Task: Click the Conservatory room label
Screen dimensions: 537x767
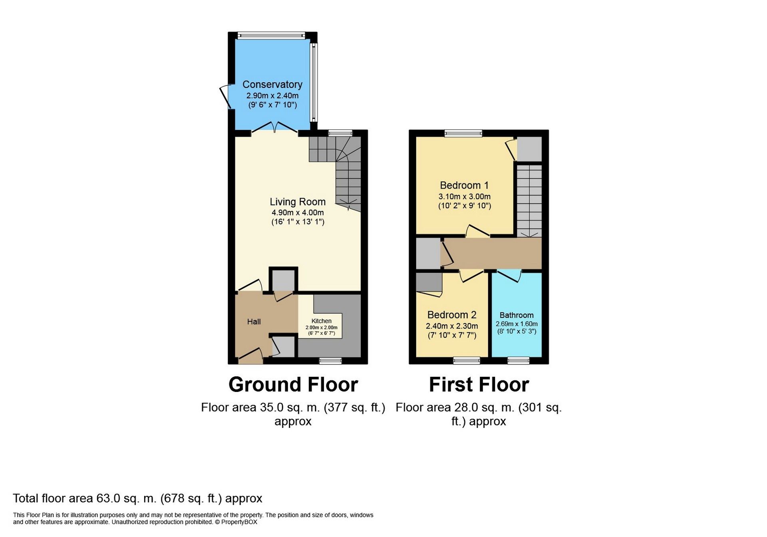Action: (x=272, y=84)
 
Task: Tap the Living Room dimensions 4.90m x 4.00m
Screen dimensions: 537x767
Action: (x=298, y=213)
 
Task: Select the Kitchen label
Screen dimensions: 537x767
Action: (x=321, y=321)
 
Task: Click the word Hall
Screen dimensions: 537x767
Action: (x=254, y=322)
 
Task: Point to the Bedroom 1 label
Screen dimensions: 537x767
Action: (x=464, y=185)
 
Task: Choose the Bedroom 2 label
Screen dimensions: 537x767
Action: (x=452, y=315)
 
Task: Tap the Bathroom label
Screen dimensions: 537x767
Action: (x=516, y=315)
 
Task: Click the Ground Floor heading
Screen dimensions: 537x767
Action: (x=293, y=384)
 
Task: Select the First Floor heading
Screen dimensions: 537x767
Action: (x=479, y=384)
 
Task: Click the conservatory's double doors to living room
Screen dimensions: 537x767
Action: (x=274, y=127)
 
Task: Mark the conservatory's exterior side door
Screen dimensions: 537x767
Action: (x=225, y=96)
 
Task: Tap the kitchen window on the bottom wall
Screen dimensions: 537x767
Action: (x=330, y=361)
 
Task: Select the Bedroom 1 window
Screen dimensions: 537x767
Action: (x=463, y=133)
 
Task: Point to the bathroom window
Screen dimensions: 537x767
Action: (x=518, y=361)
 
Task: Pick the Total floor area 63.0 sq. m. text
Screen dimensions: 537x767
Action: (x=137, y=498)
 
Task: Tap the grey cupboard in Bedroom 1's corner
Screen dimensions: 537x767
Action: (x=529, y=149)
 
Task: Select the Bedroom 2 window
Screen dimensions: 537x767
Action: (x=466, y=361)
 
